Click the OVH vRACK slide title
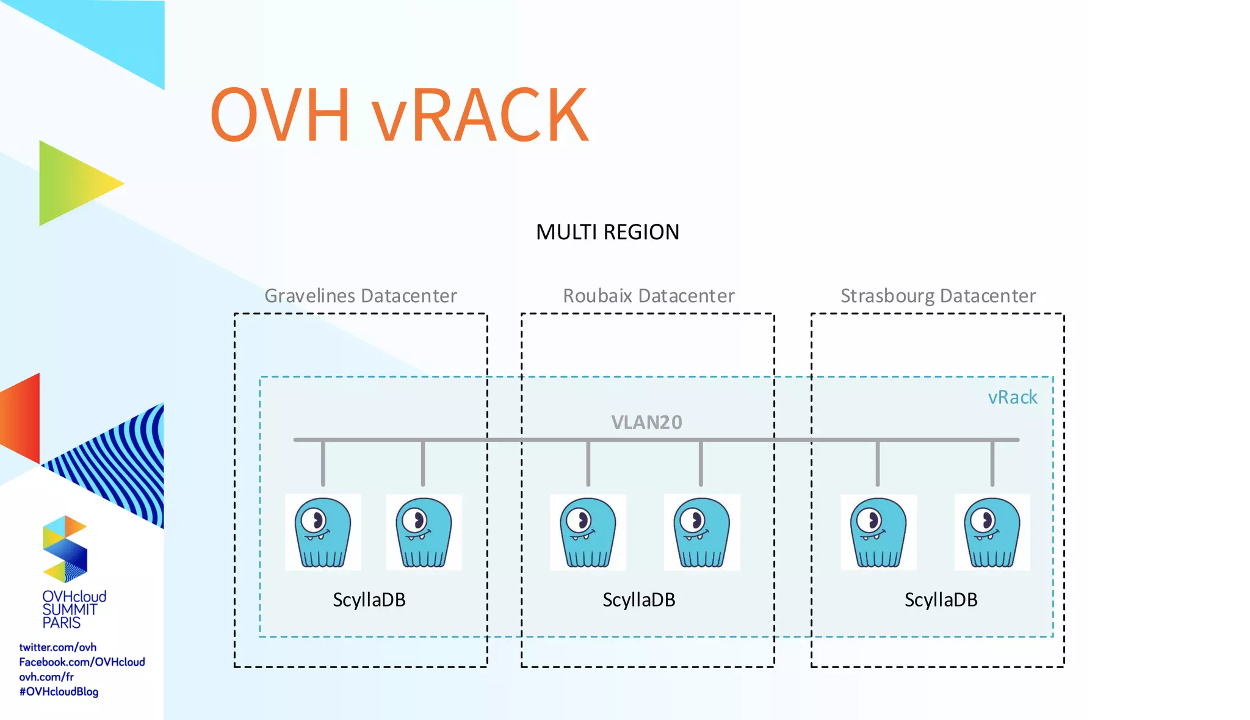tap(399, 115)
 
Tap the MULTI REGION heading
tap(607, 232)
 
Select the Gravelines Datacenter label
tap(360, 296)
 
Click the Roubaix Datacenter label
tap(648, 296)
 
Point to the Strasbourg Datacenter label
tap(937, 296)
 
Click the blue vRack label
tap(1012, 397)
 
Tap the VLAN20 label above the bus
tap(646, 422)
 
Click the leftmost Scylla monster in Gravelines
tap(323, 533)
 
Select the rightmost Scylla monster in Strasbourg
tap(992, 533)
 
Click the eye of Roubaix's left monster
tap(577, 520)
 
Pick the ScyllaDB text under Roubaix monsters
tap(638, 600)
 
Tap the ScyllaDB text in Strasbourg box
tap(941, 600)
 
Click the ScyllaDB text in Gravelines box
tap(369, 600)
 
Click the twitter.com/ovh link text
tap(57, 647)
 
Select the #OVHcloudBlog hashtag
tap(59, 692)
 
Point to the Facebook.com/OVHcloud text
tap(82, 662)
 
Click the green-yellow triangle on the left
tap(73, 183)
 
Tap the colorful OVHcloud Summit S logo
tap(65, 549)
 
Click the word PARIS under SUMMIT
tap(61, 623)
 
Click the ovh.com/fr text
tap(46, 677)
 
